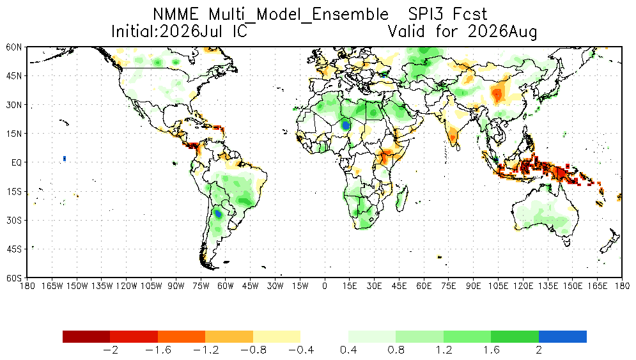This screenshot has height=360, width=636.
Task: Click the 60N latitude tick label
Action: (14, 47)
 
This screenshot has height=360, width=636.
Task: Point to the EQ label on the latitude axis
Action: (17, 163)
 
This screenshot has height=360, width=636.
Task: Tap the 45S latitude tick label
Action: (14, 249)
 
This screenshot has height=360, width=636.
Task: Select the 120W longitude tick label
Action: (126, 286)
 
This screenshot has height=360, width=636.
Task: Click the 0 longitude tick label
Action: (325, 286)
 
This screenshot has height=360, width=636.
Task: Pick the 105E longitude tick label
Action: (498, 286)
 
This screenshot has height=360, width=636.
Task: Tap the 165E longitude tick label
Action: (597, 286)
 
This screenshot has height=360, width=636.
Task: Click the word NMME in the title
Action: (176, 15)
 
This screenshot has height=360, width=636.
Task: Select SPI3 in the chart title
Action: (426, 15)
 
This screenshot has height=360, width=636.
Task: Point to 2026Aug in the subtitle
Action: (502, 32)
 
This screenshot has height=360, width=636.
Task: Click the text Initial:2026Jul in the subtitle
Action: (167, 31)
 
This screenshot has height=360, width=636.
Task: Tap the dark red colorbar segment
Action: (86, 336)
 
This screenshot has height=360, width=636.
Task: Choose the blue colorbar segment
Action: (562, 336)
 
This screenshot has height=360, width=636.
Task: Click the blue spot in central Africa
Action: (346, 125)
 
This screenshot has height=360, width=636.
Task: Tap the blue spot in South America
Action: (218, 213)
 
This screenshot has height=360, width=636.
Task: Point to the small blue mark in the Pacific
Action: (65, 159)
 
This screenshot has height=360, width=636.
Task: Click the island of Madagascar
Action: (401, 196)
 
